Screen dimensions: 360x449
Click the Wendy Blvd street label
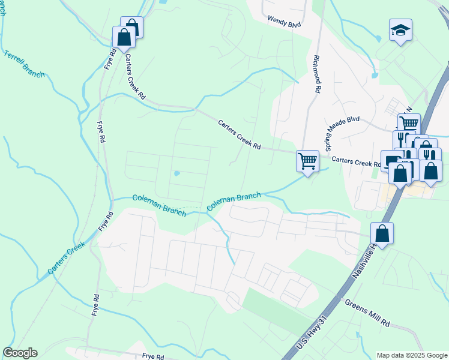(284, 22)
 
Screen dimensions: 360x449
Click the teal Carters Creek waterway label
(67, 259)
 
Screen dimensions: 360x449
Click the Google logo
(20, 353)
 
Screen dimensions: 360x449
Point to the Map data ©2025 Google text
(411, 355)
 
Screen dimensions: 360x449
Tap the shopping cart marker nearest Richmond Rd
(307, 161)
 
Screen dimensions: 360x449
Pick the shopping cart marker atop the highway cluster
(409, 124)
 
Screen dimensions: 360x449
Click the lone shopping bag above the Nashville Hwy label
(382, 233)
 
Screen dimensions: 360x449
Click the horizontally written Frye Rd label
(153, 356)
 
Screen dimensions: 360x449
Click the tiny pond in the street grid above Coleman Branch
(176, 174)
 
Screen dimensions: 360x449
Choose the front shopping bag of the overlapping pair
(124, 37)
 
